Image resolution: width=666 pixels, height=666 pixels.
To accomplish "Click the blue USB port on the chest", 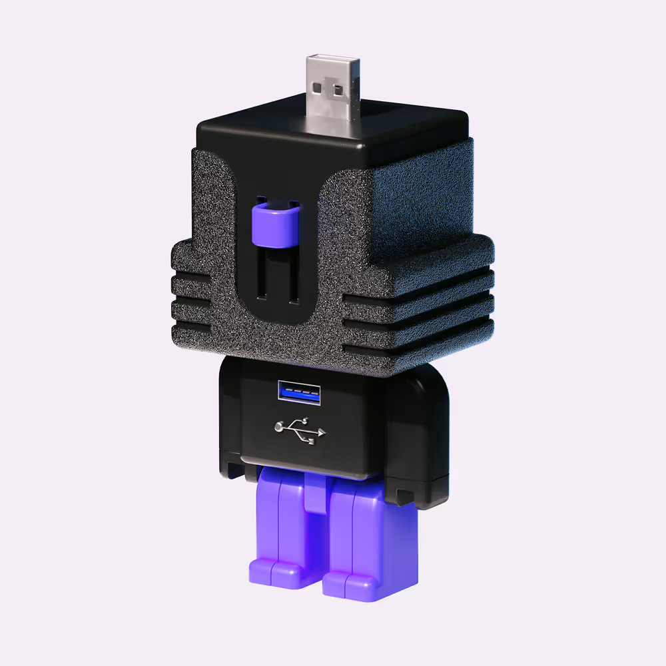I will (299, 393).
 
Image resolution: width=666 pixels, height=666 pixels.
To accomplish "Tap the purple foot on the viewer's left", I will (275, 571).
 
